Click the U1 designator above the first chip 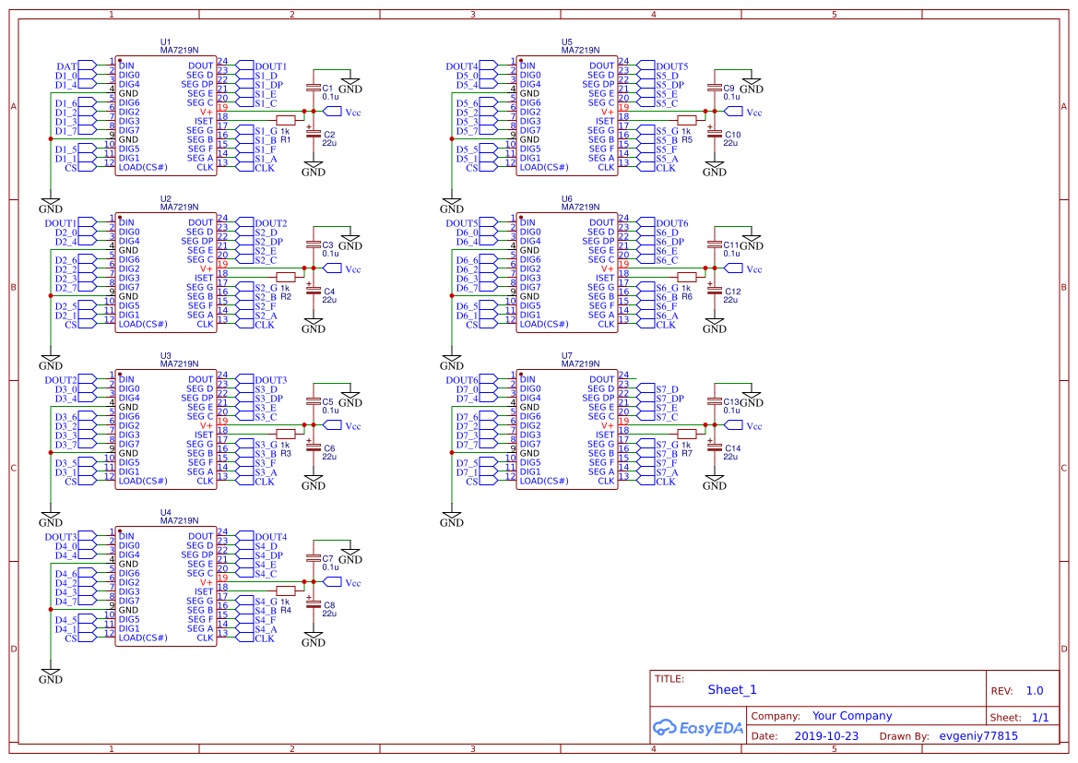tap(166, 42)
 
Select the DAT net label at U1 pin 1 tap(66, 66)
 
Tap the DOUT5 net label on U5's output tap(672, 66)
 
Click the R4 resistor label tap(286, 611)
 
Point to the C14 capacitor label tap(732, 447)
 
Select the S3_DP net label tap(268, 399)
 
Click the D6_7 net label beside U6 tap(468, 288)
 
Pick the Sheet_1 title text tap(732, 689)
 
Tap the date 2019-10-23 tap(825, 736)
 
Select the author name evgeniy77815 tap(977, 736)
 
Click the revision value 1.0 tap(1035, 690)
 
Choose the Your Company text tap(852, 716)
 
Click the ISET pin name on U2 tap(204, 279)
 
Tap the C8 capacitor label tap(329, 604)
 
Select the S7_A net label tap(667, 472)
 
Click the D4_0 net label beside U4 tap(66, 546)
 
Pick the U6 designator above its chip tap(567, 199)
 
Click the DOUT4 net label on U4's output tap(271, 537)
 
